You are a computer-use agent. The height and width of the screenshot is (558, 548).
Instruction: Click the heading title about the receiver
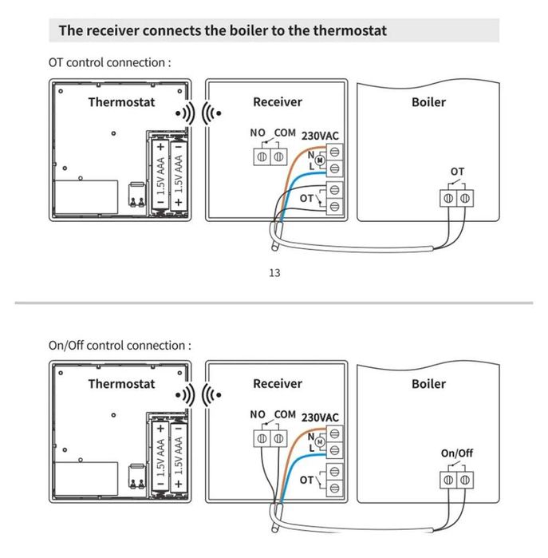tap(223, 31)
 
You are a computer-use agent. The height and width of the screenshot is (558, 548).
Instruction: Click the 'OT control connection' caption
tap(110, 62)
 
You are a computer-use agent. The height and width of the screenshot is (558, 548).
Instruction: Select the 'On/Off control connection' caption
tap(120, 345)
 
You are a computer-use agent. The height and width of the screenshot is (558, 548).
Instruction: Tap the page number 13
tap(274, 273)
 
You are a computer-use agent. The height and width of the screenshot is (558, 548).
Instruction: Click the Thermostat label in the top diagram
tap(121, 102)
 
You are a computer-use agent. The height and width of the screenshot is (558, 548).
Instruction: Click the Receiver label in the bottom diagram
tap(278, 384)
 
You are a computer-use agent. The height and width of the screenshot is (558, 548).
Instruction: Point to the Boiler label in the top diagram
tap(428, 102)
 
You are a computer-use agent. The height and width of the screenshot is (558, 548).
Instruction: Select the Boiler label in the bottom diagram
tap(428, 384)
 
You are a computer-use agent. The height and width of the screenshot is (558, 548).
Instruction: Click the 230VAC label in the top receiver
tap(320, 135)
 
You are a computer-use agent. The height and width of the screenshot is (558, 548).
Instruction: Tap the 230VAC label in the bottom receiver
tap(320, 417)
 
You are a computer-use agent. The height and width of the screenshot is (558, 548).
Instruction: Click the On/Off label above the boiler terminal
tap(457, 453)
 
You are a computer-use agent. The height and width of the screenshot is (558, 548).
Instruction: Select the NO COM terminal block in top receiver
tap(269, 156)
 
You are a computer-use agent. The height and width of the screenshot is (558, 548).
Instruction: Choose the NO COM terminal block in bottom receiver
tap(269, 438)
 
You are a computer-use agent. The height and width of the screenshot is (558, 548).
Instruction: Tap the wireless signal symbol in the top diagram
tap(198, 113)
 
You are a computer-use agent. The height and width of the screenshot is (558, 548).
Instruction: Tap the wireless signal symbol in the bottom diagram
tap(198, 395)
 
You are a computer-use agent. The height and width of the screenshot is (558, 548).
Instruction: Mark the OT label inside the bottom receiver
tap(307, 480)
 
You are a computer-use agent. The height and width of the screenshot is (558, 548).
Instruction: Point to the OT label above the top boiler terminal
tap(457, 172)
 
